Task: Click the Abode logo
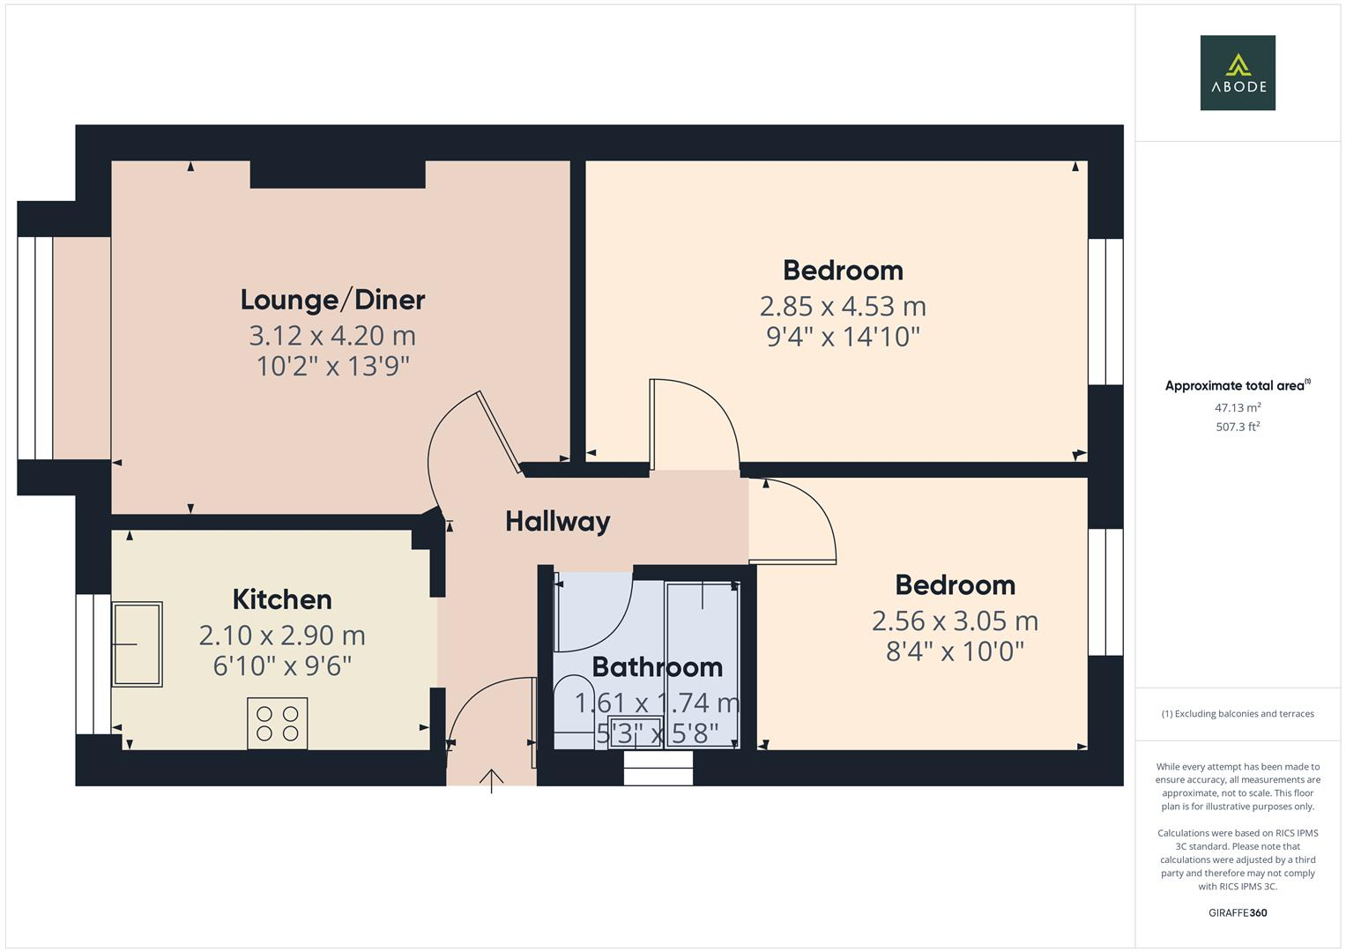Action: [1237, 72]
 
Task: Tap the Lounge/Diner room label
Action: [332, 300]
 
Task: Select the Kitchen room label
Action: [282, 599]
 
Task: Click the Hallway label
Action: [557, 521]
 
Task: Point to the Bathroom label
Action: [657, 666]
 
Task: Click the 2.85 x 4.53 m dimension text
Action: [843, 306]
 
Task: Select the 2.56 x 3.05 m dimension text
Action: [955, 621]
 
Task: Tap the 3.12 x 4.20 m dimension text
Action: [332, 335]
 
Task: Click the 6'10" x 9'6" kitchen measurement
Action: [282, 666]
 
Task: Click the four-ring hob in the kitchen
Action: [278, 723]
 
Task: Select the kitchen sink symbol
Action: [137, 644]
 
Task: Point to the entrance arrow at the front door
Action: [491, 779]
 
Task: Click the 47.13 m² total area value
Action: [1237, 408]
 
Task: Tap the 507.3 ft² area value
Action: [1237, 427]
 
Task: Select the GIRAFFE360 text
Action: [1237, 912]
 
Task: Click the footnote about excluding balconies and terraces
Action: [1237, 714]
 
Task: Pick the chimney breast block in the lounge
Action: [338, 175]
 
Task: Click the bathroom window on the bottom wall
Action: [658, 768]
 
